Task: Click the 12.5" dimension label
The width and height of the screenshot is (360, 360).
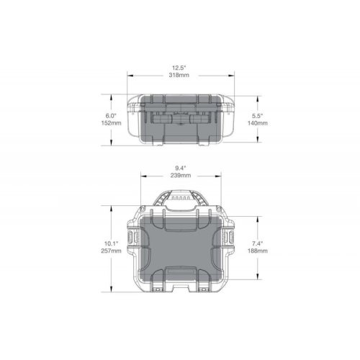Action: tap(179, 68)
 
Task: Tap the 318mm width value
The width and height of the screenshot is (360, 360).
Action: tap(179, 75)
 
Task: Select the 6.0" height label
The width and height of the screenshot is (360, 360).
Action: tap(111, 116)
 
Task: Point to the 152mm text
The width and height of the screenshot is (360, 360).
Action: tap(111, 123)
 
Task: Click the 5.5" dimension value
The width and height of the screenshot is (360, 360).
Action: tap(258, 116)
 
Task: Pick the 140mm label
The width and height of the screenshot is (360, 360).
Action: tap(258, 123)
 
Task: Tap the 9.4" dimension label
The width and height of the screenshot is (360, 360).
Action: tap(181, 168)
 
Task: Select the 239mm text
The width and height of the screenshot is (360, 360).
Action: tap(181, 176)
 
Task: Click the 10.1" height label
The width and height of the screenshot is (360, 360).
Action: tap(111, 243)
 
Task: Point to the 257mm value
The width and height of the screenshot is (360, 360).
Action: tap(111, 251)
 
